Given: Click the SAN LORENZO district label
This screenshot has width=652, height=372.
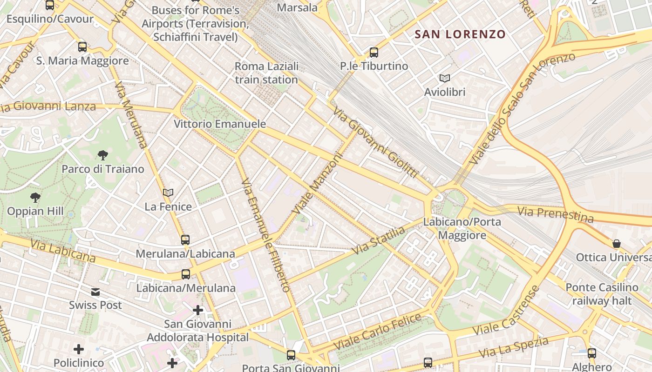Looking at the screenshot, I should click(x=460, y=34).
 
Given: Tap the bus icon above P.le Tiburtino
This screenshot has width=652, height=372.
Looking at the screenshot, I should click(x=374, y=53).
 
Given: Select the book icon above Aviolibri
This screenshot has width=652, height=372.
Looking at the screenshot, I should click(x=445, y=79).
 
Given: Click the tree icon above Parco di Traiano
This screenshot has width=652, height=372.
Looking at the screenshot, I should click(x=103, y=155).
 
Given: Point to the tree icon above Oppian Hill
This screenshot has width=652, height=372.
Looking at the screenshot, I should click(x=35, y=198).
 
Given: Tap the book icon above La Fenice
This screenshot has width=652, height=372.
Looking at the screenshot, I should click(x=168, y=193).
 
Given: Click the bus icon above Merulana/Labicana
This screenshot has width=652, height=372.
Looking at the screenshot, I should click(x=185, y=240).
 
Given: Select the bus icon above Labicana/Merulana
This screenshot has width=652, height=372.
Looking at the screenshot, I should click(x=186, y=274).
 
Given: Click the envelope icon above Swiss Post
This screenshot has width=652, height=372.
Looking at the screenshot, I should click(x=95, y=292).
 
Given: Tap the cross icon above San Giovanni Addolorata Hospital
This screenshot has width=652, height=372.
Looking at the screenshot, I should click(x=198, y=310).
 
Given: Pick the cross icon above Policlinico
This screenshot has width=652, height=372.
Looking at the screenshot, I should click(x=79, y=349).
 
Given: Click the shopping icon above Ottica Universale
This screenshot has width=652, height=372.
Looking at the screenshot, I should click(x=617, y=244).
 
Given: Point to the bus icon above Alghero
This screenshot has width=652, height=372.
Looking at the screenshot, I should click(x=591, y=353).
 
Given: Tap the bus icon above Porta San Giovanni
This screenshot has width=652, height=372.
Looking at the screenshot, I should click(x=291, y=355).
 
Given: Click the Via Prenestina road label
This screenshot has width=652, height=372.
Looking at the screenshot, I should click(x=556, y=215).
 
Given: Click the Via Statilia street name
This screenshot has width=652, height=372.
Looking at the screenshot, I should click(x=379, y=240).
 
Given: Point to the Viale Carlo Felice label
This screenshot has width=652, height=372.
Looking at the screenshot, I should click(x=378, y=332).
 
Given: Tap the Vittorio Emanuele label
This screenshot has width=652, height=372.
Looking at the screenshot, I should click(x=220, y=124).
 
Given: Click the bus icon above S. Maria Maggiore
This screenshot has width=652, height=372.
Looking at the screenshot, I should click(x=82, y=47).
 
